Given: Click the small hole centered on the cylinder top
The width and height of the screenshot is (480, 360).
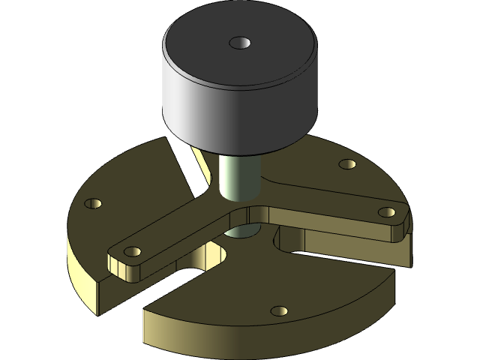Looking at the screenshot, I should pyautogui.click(x=239, y=43).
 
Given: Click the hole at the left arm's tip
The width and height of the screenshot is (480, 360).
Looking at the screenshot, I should pyautogui.click(x=132, y=251).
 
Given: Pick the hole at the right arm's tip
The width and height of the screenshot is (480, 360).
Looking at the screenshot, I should pyautogui.click(x=386, y=212).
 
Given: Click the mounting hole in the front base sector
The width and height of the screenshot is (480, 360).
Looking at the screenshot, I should pyautogui.click(x=279, y=310).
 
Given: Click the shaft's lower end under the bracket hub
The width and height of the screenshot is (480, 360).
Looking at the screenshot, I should pyautogui.click(x=240, y=233).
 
